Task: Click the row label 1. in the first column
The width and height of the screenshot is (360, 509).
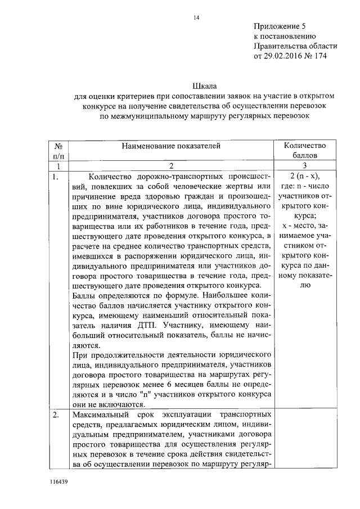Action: (55, 177)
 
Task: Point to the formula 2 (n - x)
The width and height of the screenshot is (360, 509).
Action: (304, 177)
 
